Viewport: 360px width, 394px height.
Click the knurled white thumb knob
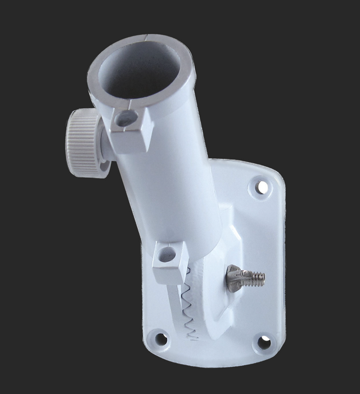(x=84, y=144)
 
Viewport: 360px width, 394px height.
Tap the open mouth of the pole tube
(x=141, y=70)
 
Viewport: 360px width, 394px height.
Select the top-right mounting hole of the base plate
(x=262, y=187)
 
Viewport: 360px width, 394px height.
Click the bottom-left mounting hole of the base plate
(x=161, y=339)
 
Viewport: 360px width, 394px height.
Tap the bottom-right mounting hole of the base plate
(x=263, y=341)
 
